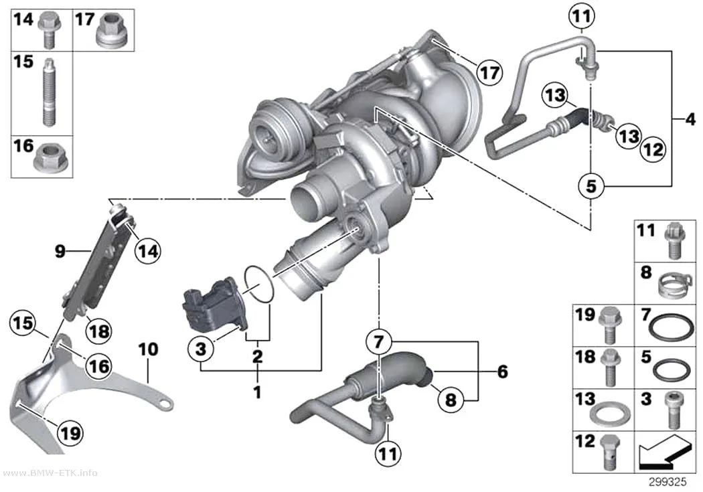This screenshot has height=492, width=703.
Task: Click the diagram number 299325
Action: point(668,482)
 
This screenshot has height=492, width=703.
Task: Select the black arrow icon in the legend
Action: point(664,450)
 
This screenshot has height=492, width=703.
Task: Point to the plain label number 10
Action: point(149,349)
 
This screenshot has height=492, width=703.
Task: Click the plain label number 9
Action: point(60,252)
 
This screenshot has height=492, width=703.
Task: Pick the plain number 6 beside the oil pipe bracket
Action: point(503,372)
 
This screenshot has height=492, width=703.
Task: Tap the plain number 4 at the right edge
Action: point(690,119)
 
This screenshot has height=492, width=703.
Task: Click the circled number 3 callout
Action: point(201,348)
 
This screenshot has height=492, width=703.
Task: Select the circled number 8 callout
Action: point(451,399)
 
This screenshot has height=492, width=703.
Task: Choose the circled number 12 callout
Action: point(653,149)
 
